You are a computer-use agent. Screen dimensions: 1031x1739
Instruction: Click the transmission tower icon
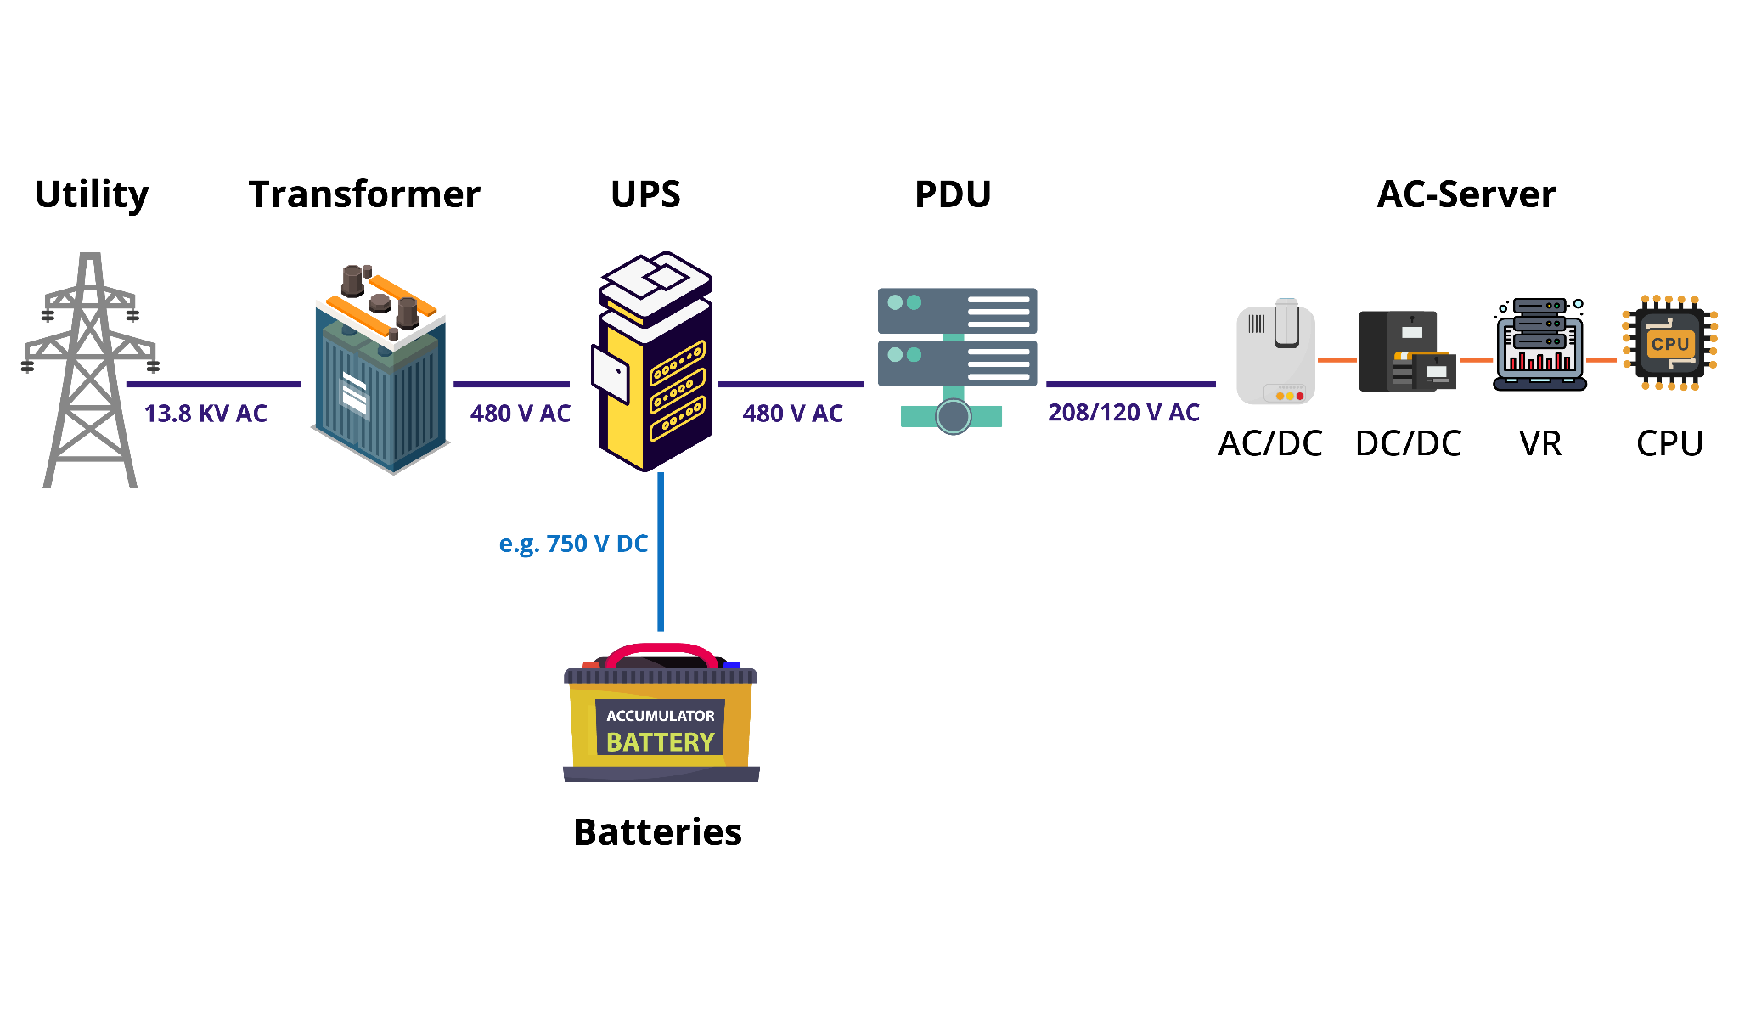[90, 374]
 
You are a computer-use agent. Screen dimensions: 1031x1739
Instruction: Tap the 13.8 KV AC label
[205, 414]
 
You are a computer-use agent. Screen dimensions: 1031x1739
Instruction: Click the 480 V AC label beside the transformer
[521, 414]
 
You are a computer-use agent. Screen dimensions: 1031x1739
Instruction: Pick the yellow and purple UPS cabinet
[656, 365]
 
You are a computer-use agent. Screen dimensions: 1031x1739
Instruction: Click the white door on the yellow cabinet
[611, 374]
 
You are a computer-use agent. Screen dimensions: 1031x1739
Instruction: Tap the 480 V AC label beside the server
[793, 414]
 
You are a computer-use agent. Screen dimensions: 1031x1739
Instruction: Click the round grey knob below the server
[953, 416]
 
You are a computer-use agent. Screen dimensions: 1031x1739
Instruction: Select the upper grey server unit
[957, 311]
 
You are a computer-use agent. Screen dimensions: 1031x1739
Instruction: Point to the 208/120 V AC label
[1123, 413]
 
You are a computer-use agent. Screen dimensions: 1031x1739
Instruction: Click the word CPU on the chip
[1670, 344]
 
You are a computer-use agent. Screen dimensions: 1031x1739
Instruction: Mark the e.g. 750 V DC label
[573, 544]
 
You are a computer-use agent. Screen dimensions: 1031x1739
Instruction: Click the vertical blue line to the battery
[661, 552]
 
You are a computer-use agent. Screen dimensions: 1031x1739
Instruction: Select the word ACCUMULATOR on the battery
[660, 716]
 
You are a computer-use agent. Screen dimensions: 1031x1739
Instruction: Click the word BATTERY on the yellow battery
[660, 742]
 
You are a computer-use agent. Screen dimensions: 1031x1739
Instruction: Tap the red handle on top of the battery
[661, 650]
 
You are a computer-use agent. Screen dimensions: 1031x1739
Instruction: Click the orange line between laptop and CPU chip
[1601, 360]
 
